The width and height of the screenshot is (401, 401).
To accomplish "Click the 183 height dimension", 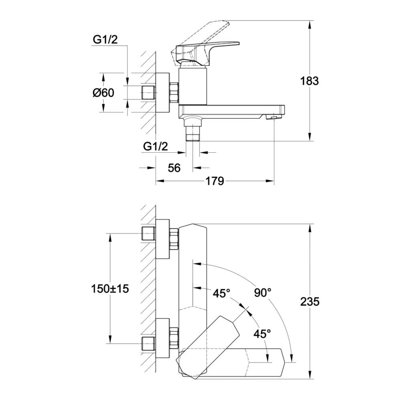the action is pyautogui.click(x=309, y=81).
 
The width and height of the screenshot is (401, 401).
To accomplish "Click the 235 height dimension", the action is pyautogui.click(x=310, y=302).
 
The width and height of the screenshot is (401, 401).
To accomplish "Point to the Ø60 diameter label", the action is pyautogui.click(x=103, y=93).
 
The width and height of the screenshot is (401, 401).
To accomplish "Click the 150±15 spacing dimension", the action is pyautogui.click(x=110, y=289).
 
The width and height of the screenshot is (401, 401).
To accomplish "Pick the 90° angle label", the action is pyautogui.click(x=263, y=292).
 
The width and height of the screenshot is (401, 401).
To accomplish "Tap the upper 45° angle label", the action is pyautogui.click(x=222, y=293).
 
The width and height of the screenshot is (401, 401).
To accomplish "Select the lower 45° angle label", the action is pyautogui.click(x=262, y=334).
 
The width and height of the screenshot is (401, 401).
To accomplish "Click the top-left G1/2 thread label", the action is pyautogui.click(x=105, y=40).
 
